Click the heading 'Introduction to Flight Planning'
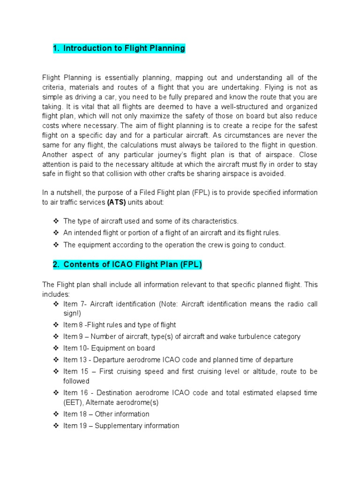124,48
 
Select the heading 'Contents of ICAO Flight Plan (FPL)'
133,265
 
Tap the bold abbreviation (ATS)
117,202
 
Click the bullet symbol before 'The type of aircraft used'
56,221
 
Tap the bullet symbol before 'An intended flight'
56,233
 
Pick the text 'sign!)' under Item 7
72,314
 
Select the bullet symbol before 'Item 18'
56,414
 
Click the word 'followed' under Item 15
76,381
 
